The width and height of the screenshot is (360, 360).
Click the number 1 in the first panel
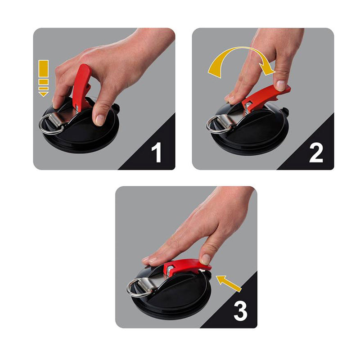click(156, 152)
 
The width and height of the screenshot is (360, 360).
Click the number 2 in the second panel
click(315, 152)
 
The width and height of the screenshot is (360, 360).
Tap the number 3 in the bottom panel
click(240, 310)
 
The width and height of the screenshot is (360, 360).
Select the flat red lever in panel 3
click(189, 265)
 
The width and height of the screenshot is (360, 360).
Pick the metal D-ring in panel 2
click(215, 124)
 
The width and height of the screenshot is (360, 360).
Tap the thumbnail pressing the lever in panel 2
click(280, 85)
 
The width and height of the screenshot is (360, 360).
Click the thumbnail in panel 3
click(205, 259)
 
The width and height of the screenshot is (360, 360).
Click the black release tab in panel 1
click(115, 108)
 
